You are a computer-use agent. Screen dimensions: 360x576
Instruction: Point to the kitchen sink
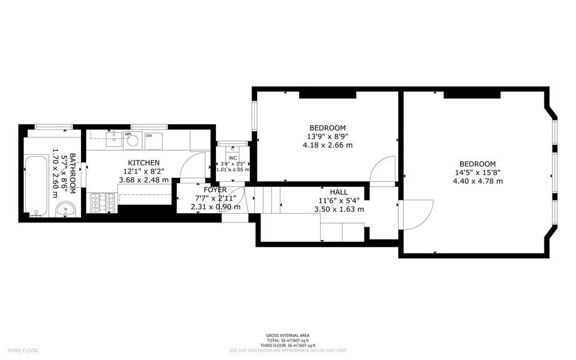tap(113, 137)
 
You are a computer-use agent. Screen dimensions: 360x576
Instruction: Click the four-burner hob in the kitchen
tap(102, 202)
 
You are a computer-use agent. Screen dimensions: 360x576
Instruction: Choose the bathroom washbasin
tap(67, 209)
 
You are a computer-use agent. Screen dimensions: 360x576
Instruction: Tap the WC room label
tap(233, 158)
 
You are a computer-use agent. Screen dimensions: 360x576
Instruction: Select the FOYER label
tap(215, 190)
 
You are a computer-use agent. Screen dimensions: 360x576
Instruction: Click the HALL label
tap(339, 192)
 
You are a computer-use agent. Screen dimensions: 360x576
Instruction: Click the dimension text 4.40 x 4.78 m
tap(478, 181)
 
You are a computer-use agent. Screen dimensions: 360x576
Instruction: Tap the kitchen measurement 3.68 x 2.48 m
tap(143, 180)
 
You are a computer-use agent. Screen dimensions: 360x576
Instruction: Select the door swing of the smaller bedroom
tap(385, 169)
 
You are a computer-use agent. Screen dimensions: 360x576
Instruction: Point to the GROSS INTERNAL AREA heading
tap(287, 336)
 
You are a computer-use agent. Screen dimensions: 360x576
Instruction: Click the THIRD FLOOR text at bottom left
tap(22, 350)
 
